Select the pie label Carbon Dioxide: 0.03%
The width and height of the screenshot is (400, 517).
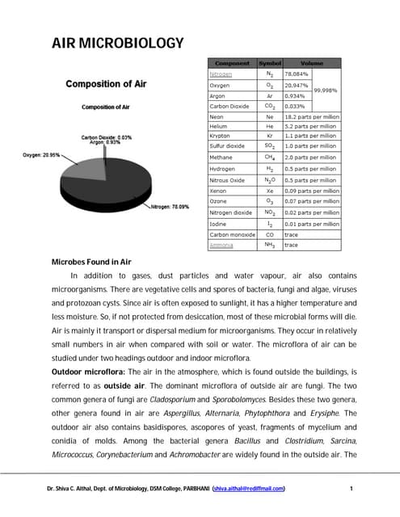(107, 137)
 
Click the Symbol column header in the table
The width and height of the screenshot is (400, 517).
(270, 63)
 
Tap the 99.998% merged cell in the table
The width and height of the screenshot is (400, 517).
(326, 90)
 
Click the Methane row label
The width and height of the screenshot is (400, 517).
(222, 158)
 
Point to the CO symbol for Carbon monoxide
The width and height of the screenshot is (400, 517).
(269, 233)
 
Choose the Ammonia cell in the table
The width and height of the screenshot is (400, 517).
(221, 244)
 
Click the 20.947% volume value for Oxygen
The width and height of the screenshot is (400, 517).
(297, 84)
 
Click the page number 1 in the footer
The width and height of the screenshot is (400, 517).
(352, 488)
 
